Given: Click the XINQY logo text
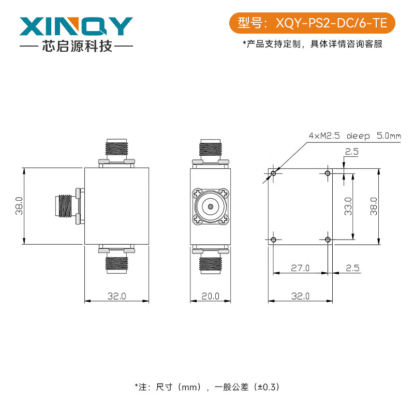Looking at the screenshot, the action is (x=76, y=26).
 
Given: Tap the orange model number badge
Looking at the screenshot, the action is (x=312, y=23).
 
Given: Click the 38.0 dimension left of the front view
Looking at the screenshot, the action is (x=19, y=206).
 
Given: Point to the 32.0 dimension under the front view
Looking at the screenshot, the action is (x=116, y=296).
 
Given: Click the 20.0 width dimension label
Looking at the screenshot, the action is (x=211, y=296).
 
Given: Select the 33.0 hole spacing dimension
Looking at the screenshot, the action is (x=348, y=206).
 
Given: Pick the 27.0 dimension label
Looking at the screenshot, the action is (x=300, y=268).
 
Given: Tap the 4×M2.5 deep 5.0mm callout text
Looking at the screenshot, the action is (x=354, y=136).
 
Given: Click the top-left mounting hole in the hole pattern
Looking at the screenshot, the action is (x=274, y=173).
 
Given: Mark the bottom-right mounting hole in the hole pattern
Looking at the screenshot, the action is (x=327, y=239).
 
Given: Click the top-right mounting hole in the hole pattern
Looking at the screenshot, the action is (x=327, y=173).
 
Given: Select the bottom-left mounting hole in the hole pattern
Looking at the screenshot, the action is (x=274, y=239).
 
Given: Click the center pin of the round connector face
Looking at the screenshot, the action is (x=211, y=206).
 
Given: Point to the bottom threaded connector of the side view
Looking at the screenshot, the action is (x=211, y=262).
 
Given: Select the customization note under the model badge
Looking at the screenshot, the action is (x=312, y=44).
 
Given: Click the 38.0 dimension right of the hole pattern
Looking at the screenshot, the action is (x=374, y=206).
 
